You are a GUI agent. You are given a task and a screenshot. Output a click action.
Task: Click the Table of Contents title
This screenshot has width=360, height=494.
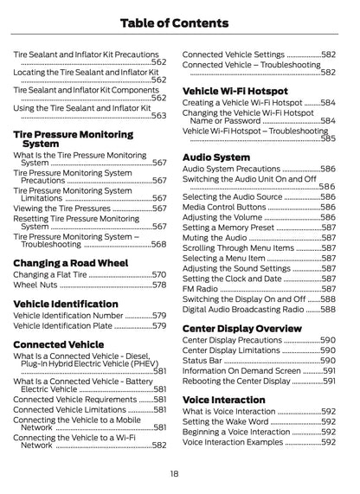point(180,22)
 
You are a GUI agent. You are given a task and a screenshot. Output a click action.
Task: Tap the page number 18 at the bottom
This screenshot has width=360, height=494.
point(175,473)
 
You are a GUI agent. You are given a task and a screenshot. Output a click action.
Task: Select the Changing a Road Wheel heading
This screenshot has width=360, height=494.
point(70,262)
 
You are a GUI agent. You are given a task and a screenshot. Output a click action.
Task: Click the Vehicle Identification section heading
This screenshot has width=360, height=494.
point(66,304)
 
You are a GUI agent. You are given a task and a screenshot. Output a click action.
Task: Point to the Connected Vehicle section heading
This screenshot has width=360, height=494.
point(58,344)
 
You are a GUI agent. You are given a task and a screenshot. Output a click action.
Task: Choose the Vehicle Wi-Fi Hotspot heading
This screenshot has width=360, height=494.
point(235,91)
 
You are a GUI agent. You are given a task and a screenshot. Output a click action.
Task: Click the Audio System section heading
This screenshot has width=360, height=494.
point(216,157)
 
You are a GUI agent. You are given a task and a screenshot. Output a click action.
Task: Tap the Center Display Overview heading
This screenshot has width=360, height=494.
point(242,329)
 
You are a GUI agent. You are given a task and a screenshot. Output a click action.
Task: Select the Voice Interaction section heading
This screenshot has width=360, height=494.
point(224,400)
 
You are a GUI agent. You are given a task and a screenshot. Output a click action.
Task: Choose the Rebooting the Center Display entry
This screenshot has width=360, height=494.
point(235,381)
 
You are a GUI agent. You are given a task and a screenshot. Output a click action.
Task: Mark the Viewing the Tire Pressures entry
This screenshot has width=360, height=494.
point(62,209)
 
